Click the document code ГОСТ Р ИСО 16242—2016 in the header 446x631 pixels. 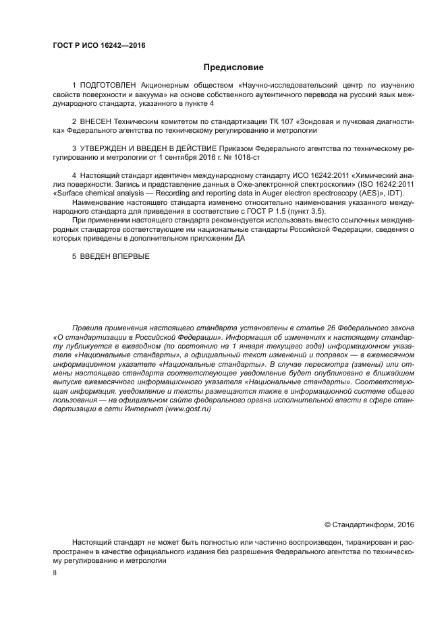[x=99, y=46]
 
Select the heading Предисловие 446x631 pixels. [x=233, y=67]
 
